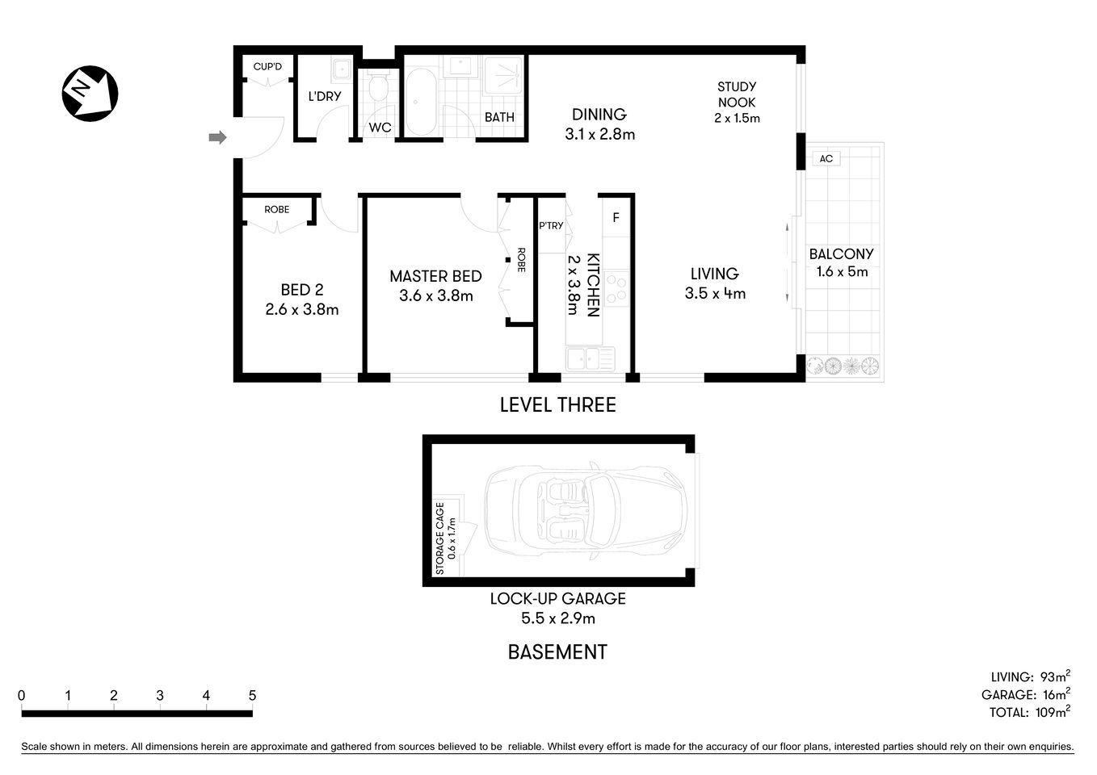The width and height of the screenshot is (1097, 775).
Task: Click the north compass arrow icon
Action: [x=90, y=94]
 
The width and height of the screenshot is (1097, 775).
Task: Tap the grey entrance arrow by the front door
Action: [x=216, y=138]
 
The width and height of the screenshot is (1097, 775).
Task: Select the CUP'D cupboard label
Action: [x=267, y=66]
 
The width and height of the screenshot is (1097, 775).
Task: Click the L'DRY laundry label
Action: [x=325, y=96]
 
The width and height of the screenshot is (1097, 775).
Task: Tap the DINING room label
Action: [x=599, y=115]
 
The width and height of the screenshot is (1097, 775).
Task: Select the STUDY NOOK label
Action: [x=737, y=94]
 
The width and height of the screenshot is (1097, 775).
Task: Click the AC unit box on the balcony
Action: [x=826, y=159]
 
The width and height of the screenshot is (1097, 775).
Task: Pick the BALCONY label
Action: [x=842, y=253]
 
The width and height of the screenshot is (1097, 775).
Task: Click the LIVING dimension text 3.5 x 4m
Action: [x=715, y=294]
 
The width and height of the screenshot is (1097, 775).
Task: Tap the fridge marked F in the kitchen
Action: [x=616, y=218]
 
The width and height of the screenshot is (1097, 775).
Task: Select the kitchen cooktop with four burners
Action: [x=616, y=289]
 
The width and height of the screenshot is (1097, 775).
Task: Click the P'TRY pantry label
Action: [x=551, y=225]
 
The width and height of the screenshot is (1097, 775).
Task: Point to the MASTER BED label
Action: [x=435, y=276]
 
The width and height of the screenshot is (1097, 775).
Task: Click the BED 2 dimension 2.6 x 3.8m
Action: [x=301, y=309]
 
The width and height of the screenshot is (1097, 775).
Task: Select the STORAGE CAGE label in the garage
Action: [x=440, y=538]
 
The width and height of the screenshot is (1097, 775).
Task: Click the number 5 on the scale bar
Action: [x=252, y=695]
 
